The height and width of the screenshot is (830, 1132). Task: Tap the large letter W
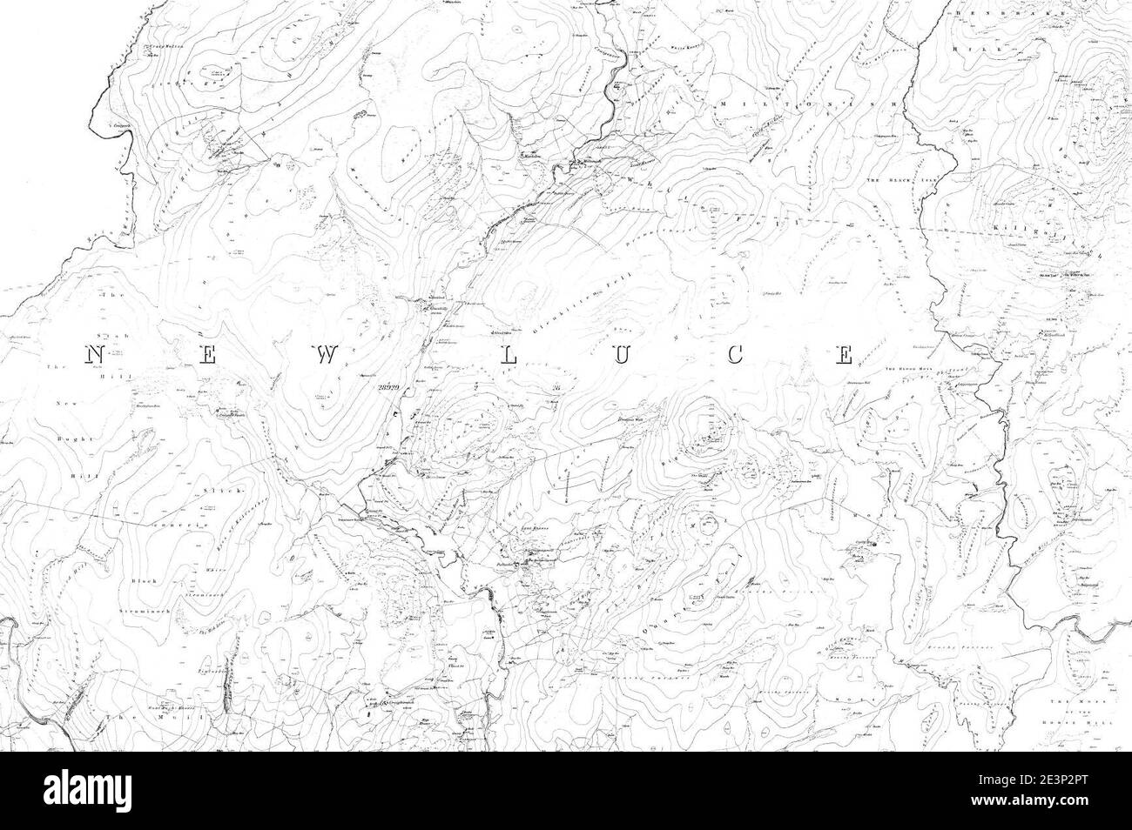[327, 354]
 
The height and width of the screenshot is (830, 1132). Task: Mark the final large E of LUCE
[843, 354]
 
